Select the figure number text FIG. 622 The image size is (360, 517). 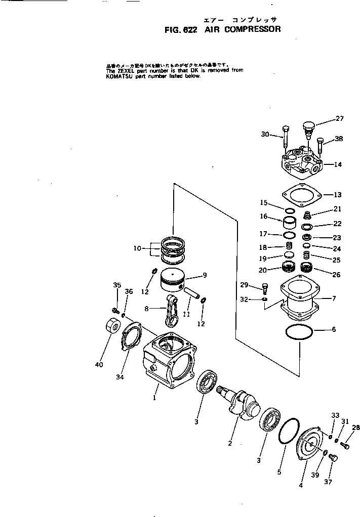[181, 29]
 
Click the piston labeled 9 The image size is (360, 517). [173, 280]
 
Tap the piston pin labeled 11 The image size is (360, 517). [191, 295]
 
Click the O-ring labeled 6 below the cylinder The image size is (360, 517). [299, 334]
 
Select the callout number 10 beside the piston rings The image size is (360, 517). [137, 248]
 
